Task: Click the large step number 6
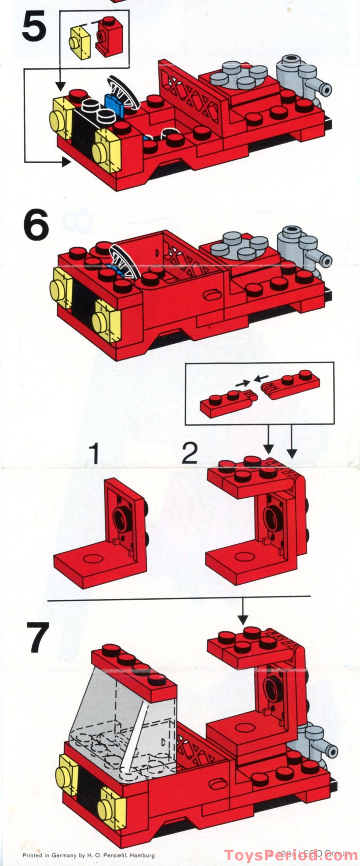click(36, 225)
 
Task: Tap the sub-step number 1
click(95, 454)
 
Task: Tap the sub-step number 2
click(189, 454)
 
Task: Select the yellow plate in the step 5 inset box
click(81, 42)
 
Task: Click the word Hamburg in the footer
click(142, 855)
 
